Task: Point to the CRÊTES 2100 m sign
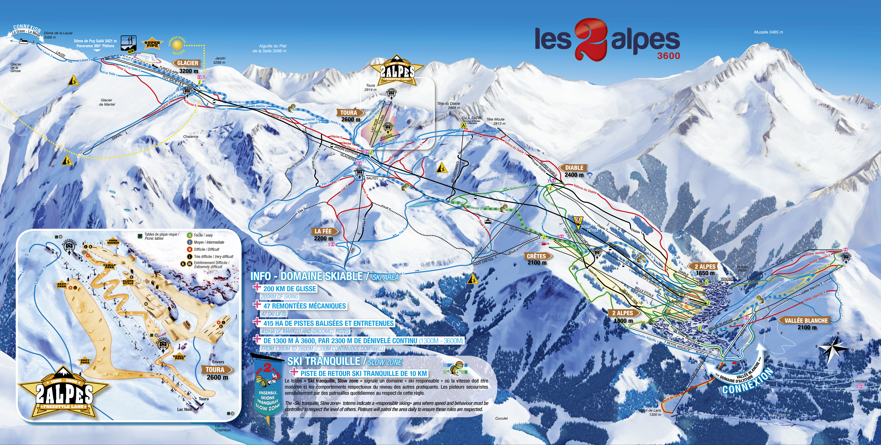pos(537,259)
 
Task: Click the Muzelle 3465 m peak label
pos(768,32)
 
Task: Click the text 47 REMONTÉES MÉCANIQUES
pos(304,306)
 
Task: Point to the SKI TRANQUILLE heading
pos(324,361)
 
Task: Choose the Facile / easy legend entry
pos(203,235)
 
